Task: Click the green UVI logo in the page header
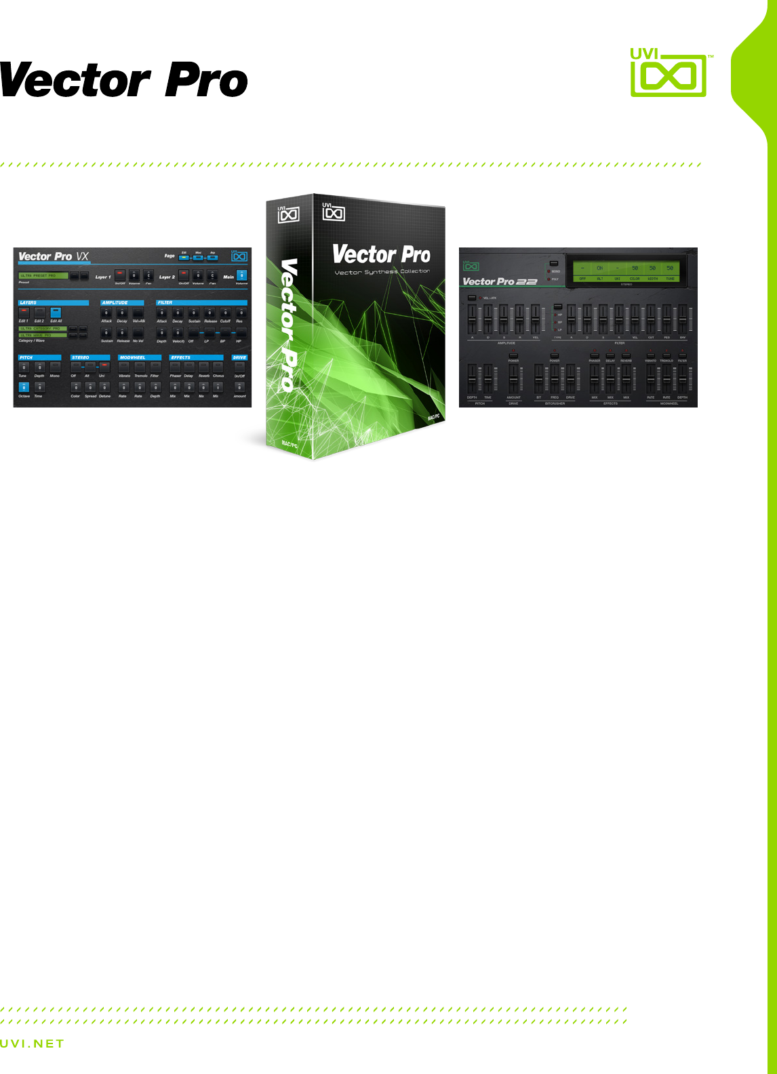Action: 669,73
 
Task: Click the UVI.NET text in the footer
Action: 32,1044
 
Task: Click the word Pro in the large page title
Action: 206,81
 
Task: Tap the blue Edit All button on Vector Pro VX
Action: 56,312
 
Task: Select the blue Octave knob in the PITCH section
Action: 24,388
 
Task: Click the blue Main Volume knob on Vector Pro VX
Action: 241,275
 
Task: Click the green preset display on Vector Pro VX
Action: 43,276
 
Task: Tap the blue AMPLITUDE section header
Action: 122,302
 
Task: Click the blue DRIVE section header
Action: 239,357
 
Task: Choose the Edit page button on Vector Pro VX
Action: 184,258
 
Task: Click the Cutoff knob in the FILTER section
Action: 225,313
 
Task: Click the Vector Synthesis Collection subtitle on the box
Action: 382,272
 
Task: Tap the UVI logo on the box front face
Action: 333,213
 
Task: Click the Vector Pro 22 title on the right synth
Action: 500,281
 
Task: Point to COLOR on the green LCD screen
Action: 635,279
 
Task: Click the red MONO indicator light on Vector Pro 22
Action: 549,271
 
